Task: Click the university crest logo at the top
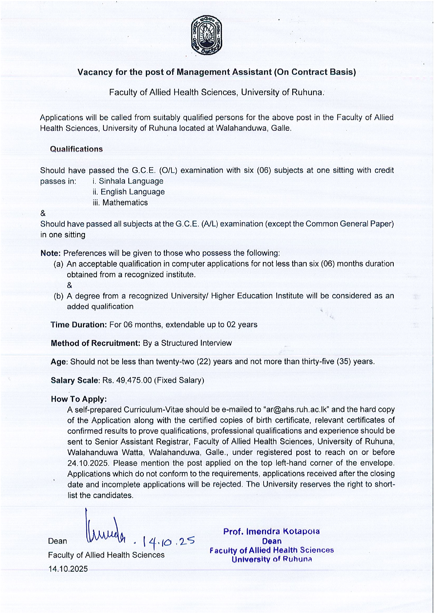point(206,36)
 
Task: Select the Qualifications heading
point(76,149)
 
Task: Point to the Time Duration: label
point(79,325)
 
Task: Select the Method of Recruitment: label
point(96,343)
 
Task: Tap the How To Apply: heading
point(79,399)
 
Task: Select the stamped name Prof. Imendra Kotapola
point(271,532)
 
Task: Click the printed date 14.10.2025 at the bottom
point(68,569)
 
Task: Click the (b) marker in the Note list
point(58,296)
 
